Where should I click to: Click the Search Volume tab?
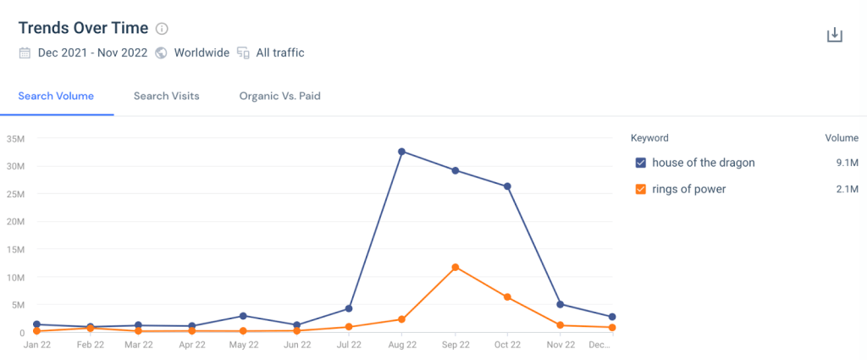coord(56,96)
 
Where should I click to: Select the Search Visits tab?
coord(167,96)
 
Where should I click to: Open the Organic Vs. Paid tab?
coord(279,96)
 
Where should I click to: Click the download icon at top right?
coord(835,36)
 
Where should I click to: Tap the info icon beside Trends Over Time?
coord(163,29)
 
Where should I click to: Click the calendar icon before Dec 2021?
coord(25,53)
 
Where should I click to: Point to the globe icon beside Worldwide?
coord(162,53)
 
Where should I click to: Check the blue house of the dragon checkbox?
coord(641,163)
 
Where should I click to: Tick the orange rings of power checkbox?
coord(641,189)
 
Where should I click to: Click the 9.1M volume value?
coord(845,163)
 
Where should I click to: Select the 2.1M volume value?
coord(845,189)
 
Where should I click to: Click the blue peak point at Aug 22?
coord(402,152)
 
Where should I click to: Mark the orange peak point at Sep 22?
coord(456,268)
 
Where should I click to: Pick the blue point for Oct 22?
coord(507,186)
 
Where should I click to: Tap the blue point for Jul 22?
coord(349,308)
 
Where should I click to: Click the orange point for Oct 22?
coord(507,297)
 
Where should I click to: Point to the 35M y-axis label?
coord(15,138)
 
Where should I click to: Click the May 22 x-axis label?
coord(244,345)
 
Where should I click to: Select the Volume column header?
coord(842,138)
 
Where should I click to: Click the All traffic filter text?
coord(280,53)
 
